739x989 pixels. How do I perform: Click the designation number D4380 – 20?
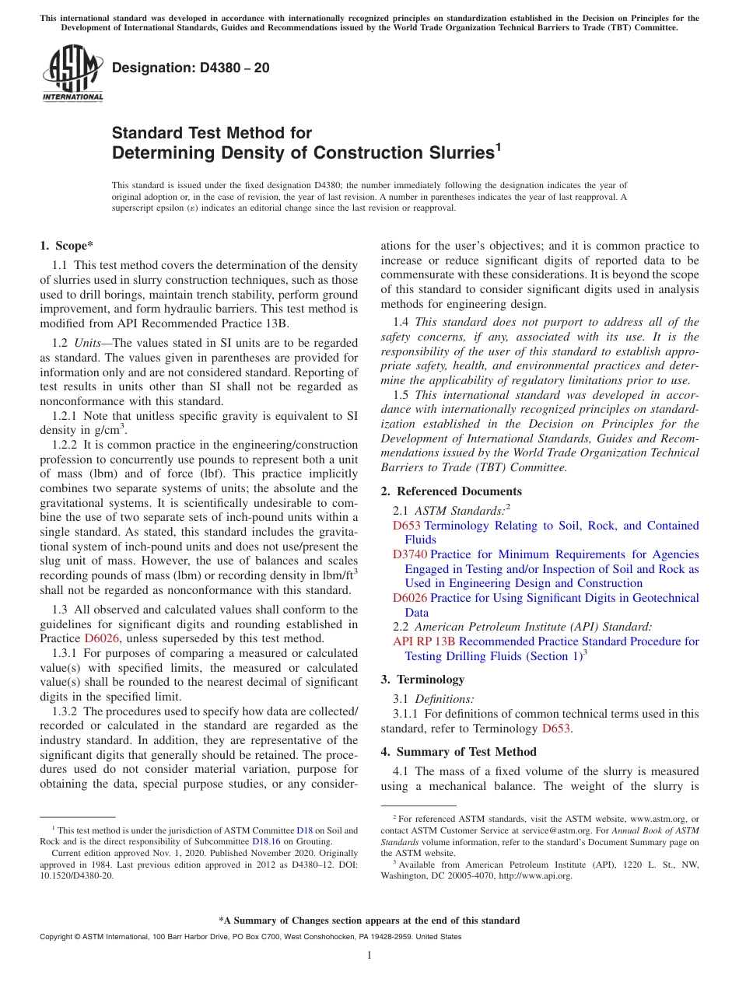[191, 68]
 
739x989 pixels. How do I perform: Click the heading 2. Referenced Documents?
[451, 491]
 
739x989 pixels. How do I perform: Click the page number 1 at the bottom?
[369, 956]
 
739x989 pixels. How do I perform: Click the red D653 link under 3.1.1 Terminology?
[556, 729]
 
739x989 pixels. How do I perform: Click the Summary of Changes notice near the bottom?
[369, 921]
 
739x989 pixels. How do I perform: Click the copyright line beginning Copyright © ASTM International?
[250, 937]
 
